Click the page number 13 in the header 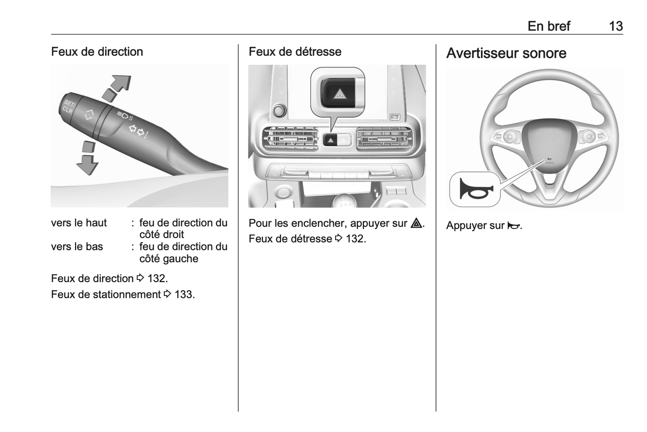(616, 26)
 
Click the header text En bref (549, 26)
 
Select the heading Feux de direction (97, 52)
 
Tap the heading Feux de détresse (295, 52)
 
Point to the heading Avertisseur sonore (506, 53)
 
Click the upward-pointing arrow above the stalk (117, 88)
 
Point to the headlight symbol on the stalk (125, 116)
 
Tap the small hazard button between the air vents (330, 140)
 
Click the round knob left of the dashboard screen (279, 110)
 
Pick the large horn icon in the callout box (476, 189)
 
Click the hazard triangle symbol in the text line (416, 223)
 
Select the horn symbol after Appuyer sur (514, 225)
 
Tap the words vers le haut (79, 223)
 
